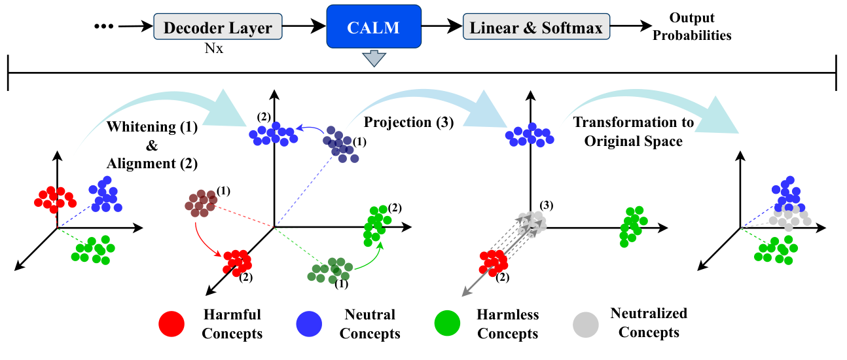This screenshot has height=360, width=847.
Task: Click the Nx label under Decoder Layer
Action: tap(213, 48)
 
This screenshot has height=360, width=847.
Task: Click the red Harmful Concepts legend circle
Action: tap(172, 323)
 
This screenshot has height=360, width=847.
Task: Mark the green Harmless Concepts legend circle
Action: tap(448, 323)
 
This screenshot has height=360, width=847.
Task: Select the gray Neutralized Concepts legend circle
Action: tap(586, 323)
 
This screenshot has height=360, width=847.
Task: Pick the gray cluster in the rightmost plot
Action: tap(789, 216)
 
